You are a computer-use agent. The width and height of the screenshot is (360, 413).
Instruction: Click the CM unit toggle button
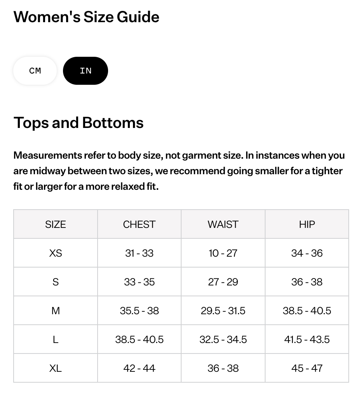35,71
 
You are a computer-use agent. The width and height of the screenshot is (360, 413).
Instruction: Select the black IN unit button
86,71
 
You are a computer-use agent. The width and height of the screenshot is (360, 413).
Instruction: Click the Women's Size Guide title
86,17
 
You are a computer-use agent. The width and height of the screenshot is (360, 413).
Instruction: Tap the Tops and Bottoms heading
79,123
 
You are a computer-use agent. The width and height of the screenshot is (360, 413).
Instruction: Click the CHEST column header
139,224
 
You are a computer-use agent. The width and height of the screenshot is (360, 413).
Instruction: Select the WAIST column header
223,224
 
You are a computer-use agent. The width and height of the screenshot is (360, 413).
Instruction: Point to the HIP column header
307,224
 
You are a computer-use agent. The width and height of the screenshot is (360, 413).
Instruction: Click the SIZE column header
56,224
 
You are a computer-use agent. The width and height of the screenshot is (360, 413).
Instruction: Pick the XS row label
56,253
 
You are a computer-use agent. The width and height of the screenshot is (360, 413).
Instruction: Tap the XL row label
56,368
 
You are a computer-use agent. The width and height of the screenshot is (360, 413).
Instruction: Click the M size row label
56,311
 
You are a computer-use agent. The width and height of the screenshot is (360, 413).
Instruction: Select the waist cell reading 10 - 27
223,253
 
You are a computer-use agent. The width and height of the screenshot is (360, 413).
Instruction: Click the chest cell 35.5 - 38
139,311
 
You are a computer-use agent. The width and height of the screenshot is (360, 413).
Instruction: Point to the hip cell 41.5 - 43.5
307,339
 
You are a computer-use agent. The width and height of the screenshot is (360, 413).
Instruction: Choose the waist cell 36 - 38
223,368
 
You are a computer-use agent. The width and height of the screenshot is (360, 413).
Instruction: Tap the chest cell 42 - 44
139,368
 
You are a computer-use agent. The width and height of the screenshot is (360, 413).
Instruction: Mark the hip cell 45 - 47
307,368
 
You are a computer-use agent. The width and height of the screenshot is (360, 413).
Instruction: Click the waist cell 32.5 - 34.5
223,339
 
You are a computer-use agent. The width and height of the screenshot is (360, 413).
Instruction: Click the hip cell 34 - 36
307,253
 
